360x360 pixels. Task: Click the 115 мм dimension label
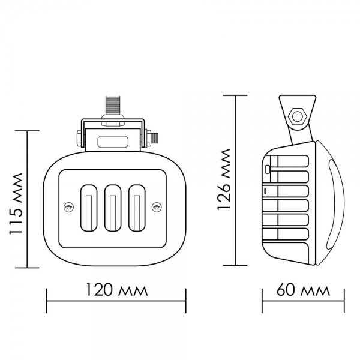coord(16,203)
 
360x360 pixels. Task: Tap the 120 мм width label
coord(116,290)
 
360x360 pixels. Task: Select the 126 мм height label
coord(223,179)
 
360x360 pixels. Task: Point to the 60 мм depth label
coord(303,290)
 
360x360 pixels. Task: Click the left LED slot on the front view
coord(89,208)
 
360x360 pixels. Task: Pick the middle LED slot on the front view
coord(113,208)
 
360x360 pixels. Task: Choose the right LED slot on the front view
coord(137,208)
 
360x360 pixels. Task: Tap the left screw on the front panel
coord(68,208)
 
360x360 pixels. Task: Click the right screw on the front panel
coord(157,208)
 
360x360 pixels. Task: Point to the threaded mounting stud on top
coord(113,105)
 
